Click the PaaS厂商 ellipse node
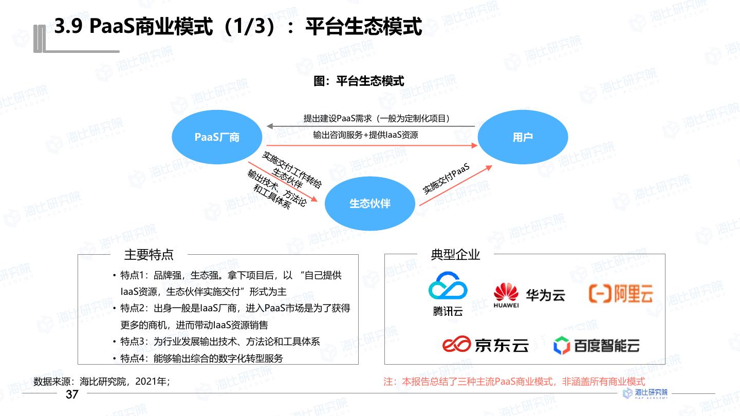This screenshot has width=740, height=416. [217, 137]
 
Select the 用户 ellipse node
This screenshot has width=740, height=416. [523, 137]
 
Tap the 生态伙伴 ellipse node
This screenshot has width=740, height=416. [370, 203]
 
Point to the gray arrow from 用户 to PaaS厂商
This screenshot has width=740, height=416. [370, 126]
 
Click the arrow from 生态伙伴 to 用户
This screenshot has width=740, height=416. [455, 186]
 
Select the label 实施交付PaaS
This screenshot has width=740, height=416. [447, 179]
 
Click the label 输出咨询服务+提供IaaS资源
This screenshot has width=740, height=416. [365, 135]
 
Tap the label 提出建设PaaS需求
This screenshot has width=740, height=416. [377, 119]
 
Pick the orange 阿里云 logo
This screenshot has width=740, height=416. [621, 293]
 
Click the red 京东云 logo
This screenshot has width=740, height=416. [485, 345]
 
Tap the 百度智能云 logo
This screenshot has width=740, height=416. [596, 345]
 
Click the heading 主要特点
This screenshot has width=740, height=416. [149, 255]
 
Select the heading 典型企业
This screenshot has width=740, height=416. [455, 255]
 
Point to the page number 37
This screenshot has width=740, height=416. [72, 394]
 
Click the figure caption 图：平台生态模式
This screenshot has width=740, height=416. [359, 81]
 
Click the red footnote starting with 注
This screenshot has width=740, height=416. [514, 382]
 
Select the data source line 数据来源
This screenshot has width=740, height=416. [101, 382]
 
